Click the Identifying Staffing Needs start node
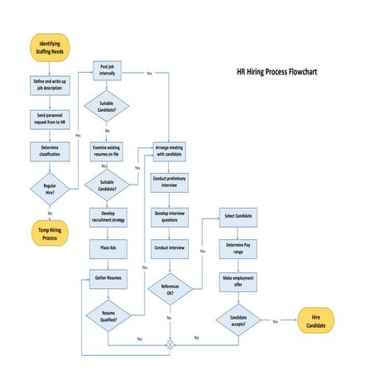click(50, 46)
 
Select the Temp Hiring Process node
click(50, 233)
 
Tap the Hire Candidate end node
click(315, 321)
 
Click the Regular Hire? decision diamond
click(50, 190)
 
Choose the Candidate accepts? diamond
click(238, 320)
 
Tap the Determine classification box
click(50, 151)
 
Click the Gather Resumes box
click(108, 278)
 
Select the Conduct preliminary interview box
click(170, 181)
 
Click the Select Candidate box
click(238, 217)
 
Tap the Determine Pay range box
click(238, 247)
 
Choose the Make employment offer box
click(238, 281)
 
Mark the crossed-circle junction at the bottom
click(170, 344)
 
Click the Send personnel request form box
click(50, 118)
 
